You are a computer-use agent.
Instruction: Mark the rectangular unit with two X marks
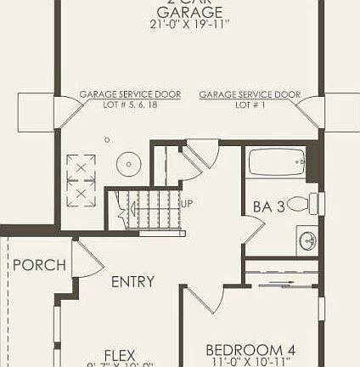82,180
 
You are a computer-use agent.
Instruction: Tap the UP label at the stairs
187,204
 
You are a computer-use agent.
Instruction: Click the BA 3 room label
267,206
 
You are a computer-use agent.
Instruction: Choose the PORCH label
38,265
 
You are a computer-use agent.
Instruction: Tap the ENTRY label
132,281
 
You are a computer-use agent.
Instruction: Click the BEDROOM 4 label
250,349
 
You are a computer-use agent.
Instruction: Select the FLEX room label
120,355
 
